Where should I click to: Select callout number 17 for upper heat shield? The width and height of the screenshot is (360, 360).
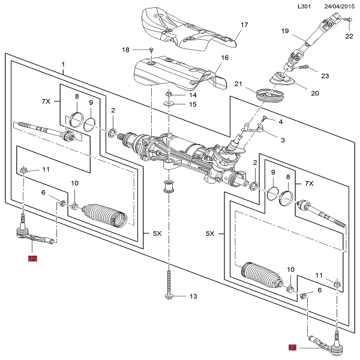point(244,25)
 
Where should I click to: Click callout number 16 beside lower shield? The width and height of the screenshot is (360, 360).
point(225,58)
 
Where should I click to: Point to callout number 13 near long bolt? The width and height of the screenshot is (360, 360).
point(193,296)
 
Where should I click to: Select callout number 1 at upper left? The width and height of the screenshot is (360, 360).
point(63,64)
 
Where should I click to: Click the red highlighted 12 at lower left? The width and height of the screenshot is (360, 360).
point(32,259)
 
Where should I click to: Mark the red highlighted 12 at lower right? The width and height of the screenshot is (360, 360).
point(292,347)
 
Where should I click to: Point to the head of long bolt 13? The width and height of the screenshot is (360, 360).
point(169,296)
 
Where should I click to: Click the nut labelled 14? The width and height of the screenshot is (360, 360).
point(169,94)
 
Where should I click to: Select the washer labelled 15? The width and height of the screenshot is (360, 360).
point(169,104)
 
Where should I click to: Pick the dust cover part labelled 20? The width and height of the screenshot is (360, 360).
point(280,80)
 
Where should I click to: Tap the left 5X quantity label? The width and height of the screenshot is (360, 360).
point(156,233)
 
